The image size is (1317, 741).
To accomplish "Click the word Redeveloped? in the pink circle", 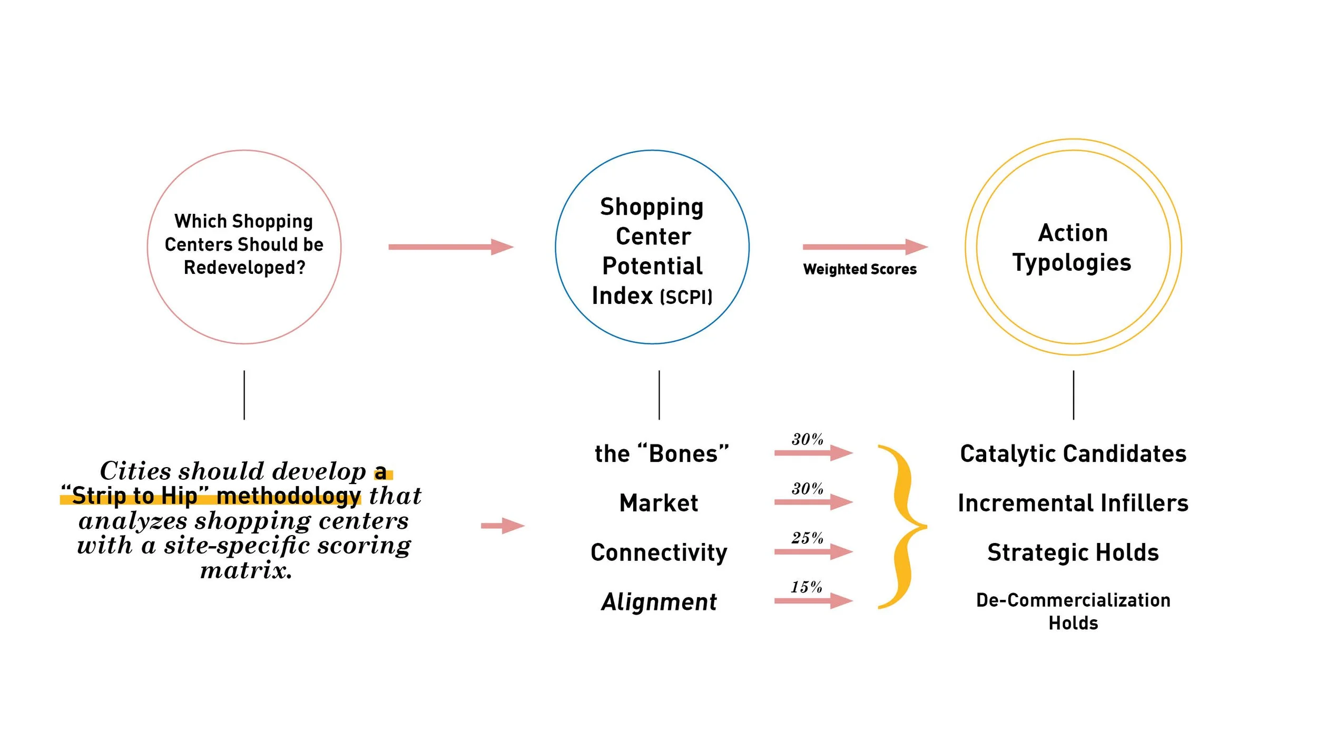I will (244, 268).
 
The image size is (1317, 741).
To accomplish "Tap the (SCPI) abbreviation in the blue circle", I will (686, 297).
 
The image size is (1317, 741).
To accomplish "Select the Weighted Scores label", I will (860, 269).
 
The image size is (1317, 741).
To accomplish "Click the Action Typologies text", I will (1073, 248).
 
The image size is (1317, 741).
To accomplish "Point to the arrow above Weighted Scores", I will (864, 246).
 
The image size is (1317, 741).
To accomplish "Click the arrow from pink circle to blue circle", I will (450, 246).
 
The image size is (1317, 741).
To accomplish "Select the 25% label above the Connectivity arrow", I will (807, 538).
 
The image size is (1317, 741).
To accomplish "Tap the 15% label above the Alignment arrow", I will (806, 587).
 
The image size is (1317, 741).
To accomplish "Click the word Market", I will (659, 503).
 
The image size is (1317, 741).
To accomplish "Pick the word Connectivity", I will (659, 552).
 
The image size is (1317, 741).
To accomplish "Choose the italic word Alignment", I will (659, 601).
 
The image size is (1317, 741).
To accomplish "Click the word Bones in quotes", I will (683, 454).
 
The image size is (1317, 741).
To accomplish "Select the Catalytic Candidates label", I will (1073, 453).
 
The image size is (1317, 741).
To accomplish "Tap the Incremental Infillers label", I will (1073, 503).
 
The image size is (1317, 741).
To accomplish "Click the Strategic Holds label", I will (1073, 552).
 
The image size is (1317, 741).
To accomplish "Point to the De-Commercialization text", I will (1073, 600).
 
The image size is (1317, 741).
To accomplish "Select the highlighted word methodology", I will (289, 496).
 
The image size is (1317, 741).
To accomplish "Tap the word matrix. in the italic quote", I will (246, 571).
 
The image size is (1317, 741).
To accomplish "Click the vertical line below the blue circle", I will (659, 395).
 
